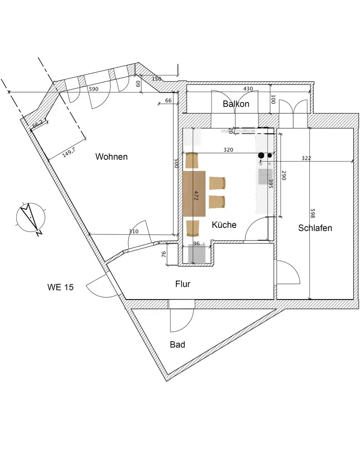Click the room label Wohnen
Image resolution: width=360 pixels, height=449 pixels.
pos(111,157)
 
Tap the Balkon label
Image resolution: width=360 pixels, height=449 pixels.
pos(236,104)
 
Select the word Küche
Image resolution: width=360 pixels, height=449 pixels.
pos(224,224)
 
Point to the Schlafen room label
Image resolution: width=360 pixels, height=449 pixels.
pos(315,228)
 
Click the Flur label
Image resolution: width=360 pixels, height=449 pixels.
pos(183,284)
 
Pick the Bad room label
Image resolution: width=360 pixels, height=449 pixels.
pos(177,345)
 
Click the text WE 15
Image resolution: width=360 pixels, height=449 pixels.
pos(61,286)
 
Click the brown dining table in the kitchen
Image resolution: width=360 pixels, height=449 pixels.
pos(194,194)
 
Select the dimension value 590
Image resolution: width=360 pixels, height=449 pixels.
pos(93,89)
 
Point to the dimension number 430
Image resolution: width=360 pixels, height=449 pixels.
pos(248,89)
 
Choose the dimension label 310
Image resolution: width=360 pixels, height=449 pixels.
pos(133,231)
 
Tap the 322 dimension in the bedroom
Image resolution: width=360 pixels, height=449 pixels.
pos(307,158)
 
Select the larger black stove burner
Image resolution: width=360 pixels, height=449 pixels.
pos(261,155)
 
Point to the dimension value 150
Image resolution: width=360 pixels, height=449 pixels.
pos(156,79)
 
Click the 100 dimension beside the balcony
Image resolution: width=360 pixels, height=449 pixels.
pos(272,98)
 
